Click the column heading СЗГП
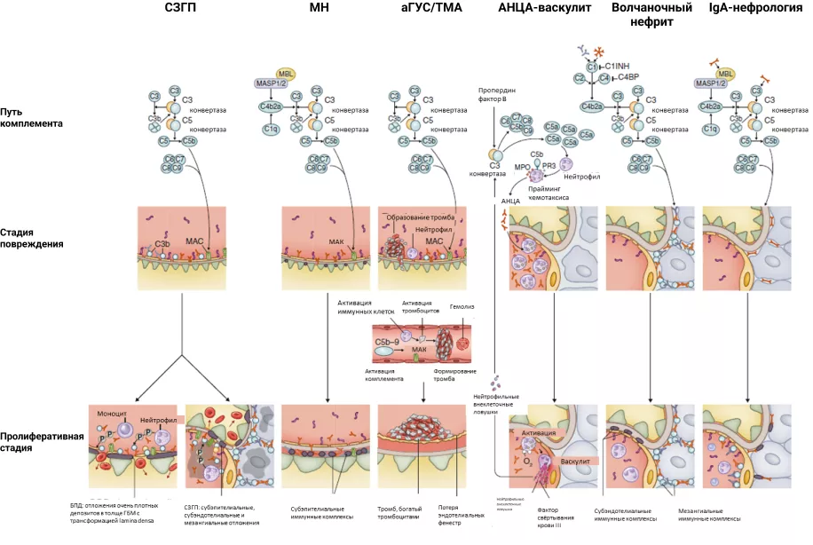pos(180,8)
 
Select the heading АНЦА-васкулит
pos(545,8)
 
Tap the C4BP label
pos(628,78)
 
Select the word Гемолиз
pos(462,308)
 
